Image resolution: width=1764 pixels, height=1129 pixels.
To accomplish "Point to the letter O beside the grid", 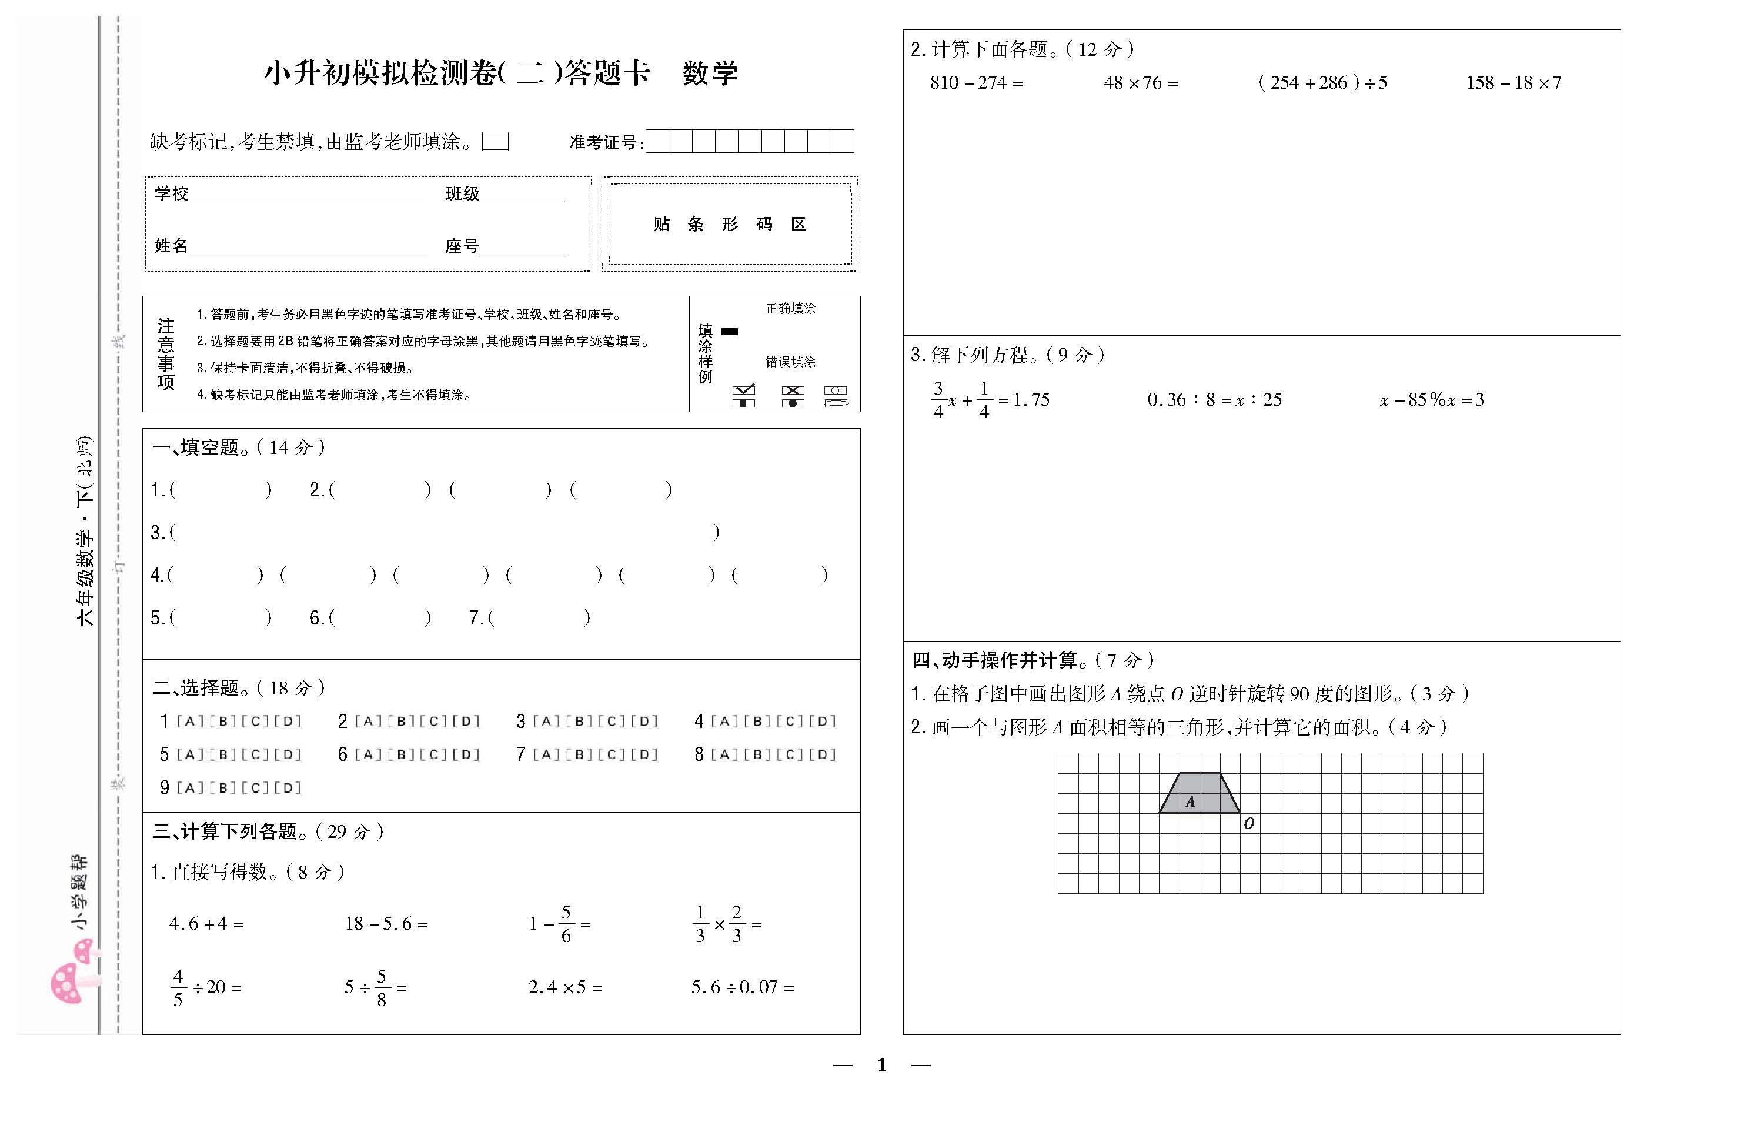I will coord(1249,823).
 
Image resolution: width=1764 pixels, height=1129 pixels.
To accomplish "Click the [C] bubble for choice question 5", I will coord(255,754).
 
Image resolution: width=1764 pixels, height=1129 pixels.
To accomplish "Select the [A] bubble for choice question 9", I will coord(190,788).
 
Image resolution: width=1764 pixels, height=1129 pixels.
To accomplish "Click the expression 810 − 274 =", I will coord(976,83).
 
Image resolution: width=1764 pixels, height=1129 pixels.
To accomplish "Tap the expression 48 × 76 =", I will coord(1141,83).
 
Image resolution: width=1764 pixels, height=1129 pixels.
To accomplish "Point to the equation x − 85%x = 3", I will coord(1431,399).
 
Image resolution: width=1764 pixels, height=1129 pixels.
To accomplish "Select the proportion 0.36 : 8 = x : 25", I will coord(1214,399).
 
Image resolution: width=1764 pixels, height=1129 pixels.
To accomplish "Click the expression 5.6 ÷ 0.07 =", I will coord(743,987).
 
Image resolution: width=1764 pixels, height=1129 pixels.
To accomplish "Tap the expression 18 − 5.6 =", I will coord(386,924).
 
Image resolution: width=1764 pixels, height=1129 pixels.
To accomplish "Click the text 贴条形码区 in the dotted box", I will coord(730,225).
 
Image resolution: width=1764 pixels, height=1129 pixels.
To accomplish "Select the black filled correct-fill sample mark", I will coord(729,332).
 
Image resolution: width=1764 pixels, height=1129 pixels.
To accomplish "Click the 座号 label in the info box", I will coord(462,246).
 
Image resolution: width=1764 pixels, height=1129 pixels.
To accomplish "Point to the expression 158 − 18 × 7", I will coord(1514,83).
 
